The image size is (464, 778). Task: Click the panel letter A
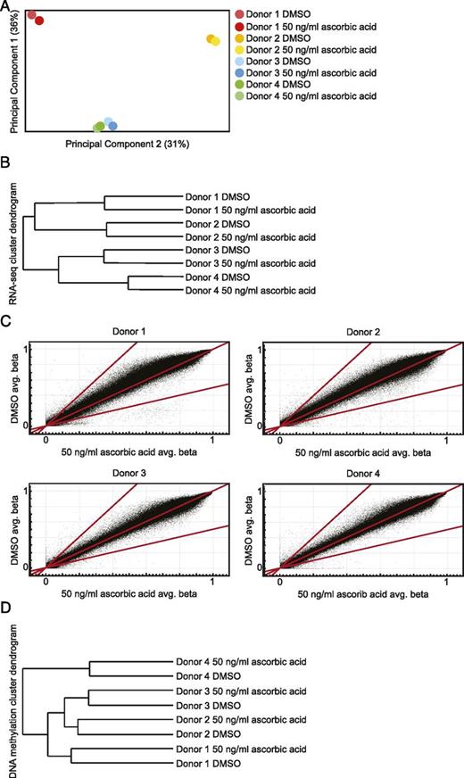[x=6, y=6]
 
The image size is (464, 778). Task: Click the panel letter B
[x=6, y=164]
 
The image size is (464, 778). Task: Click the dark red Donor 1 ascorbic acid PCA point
[x=39, y=20]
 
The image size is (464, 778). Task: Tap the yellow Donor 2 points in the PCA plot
[x=213, y=40]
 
